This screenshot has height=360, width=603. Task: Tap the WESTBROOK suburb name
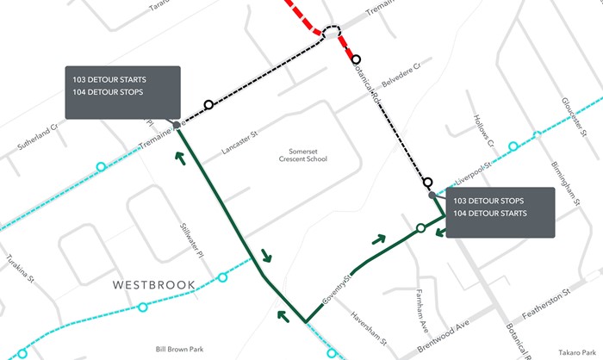[x=152, y=284]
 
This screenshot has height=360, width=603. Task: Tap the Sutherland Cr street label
[x=35, y=138]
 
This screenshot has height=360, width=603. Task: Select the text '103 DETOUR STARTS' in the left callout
[x=109, y=78]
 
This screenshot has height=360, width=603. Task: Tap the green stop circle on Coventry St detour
[x=420, y=228]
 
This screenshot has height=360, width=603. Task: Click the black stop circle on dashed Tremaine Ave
[x=208, y=105]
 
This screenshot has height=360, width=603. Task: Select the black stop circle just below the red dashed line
[x=356, y=59]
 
